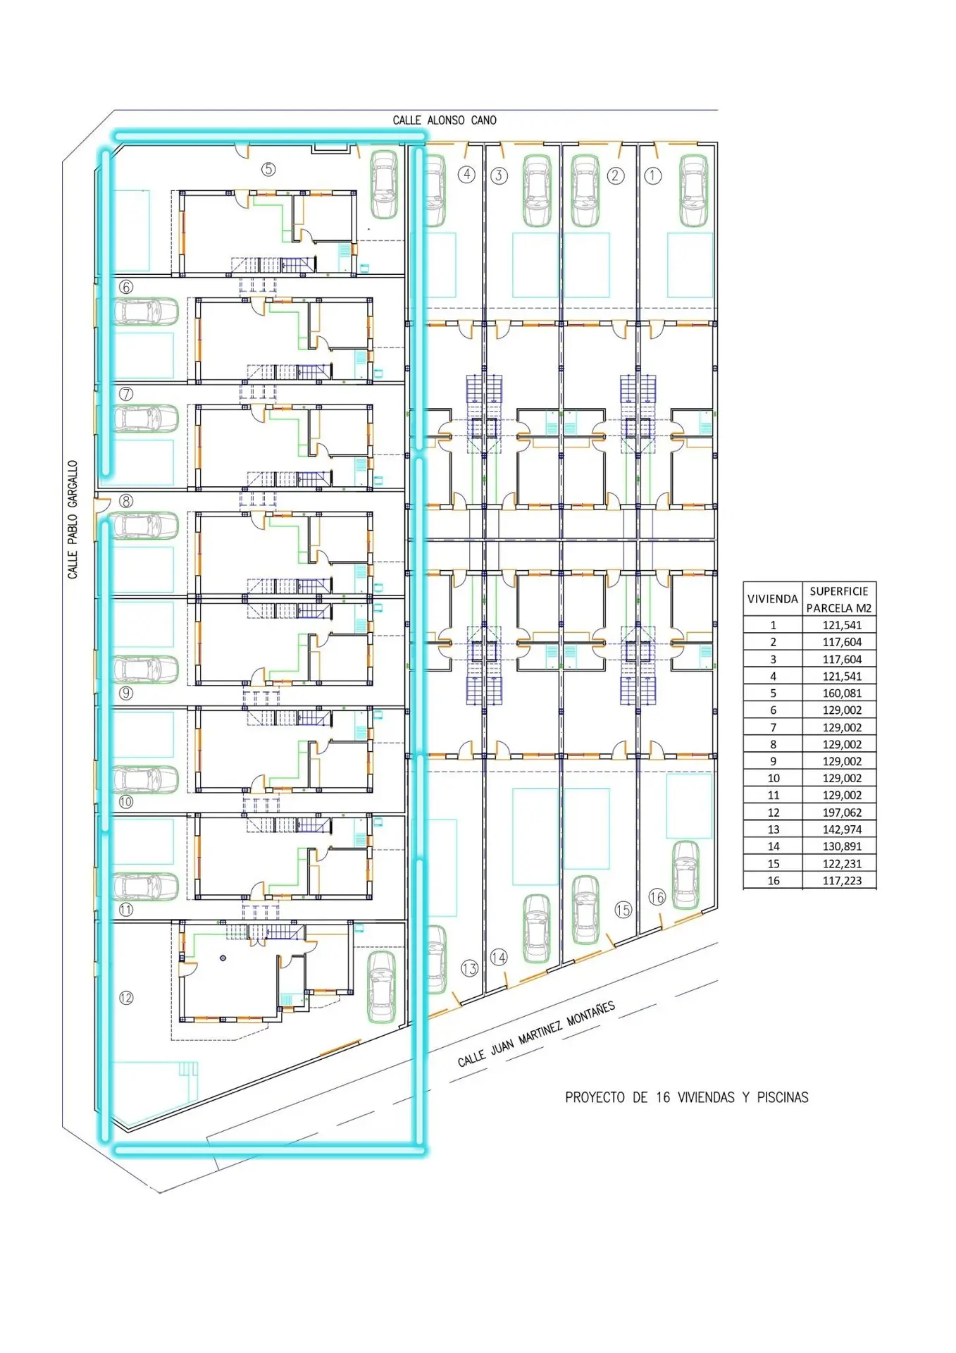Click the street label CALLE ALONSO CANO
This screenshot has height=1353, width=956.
pos(445,121)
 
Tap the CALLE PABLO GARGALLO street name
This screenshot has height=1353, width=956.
pos(73,520)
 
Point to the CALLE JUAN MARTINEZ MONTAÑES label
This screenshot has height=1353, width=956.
pos(536,1034)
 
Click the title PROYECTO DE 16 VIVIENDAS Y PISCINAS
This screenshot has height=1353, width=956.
pos(687,1097)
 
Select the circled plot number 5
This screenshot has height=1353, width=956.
pos(268,169)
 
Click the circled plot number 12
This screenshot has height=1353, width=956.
pos(126,997)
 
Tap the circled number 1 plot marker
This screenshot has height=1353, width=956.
pos(653,175)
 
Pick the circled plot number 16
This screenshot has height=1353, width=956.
pos(657,897)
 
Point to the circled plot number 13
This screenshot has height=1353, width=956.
pos(469,969)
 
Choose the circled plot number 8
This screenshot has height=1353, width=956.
pos(126,501)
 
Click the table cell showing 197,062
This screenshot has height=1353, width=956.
pos(842,813)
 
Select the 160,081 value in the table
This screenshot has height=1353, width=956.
pos(842,693)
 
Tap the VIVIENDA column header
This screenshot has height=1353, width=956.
pos(772,599)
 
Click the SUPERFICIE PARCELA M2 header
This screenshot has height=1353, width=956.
pos(839,600)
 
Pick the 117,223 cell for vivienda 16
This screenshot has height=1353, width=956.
pos(842,881)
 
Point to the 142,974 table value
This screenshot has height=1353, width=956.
pos(842,829)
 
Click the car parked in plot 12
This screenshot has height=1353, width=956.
pos(382,987)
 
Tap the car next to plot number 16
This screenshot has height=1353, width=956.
pos(685,875)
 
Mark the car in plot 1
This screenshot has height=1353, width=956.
pos(693,190)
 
